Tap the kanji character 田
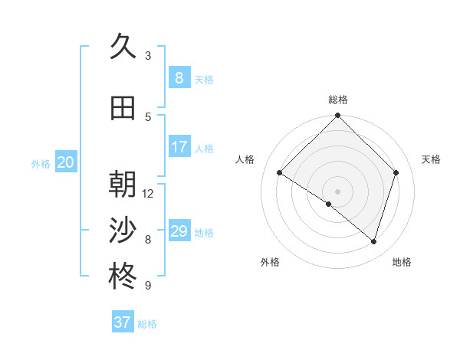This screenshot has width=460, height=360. pyautogui.click(x=123, y=108)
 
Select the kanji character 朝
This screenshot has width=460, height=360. pyautogui.click(x=123, y=185)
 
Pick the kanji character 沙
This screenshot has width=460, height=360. pyautogui.click(x=123, y=231)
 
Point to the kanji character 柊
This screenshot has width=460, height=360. pyautogui.click(x=123, y=277)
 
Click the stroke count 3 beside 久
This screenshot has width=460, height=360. pyautogui.click(x=148, y=56)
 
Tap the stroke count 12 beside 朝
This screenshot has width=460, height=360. pyautogui.click(x=148, y=194)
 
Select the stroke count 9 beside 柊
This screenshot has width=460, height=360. pyautogui.click(x=148, y=286)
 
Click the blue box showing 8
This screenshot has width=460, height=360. pyautogui.click(x=179, y=77)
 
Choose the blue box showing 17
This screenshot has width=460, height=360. pyautogui.click(x=179, y=147)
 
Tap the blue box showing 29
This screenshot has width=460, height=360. pyautogui.click(x=179, y=231)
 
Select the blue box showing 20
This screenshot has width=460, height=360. pyautogui.click(x=66, y=162)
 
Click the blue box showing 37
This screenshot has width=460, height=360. pyautogui.click(x=123, y=322)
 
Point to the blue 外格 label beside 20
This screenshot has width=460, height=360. pyautogui.click(x=41, y=163)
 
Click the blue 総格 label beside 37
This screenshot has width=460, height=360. pyautogui.click(x=147, y=324)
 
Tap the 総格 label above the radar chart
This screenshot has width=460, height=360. pyautogui.click(x=338, y=100)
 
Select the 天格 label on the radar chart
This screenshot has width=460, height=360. pyautogui.click(x=432, y=159)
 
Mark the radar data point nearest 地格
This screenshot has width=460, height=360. pyautogui.click(x=373, y=242)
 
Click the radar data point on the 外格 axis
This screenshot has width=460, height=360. pyautogui.click(x=329, y=204)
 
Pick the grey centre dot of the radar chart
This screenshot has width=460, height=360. pyautogui.click(x=337, y=191)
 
